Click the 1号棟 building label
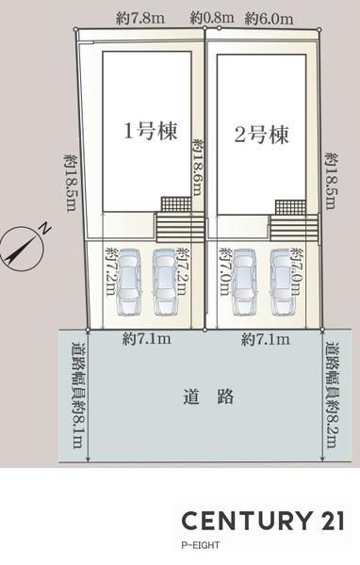pyautogui.click(x=151, y=131)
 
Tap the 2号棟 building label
pyautogui.click(x=262, y=135)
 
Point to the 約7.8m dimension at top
pyautogui.click(x=140, y=19)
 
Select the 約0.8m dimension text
pyautogui.click(x=212, y=17)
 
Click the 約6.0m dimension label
pyautogui.click(x=269, y=19)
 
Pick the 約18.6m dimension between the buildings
pyautogui.click(x=197, y=168)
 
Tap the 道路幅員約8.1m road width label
pyautogui.click(x=78, y=395)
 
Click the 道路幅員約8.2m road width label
pyautogui.click(x=332, y=395)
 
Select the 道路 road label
pyautogui.click(x=208, y=396)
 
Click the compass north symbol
pyautogui.click(x=23, y=247)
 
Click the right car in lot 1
pyautogui.click(x=166, y=282)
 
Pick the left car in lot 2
pyautogui.click(x=245, y=282)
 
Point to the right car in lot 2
pyautogui.click(x=283, y=282)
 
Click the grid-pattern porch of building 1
pyautogui.click(x=176, y=204)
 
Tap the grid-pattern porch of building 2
pyautogui.click(x=290, y=207)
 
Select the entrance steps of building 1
pyautogui.click(x=180, y=227)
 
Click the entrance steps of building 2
pyautogui.click(x=294, y=229)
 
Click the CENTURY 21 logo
pyautogui.click(x=263, y=521)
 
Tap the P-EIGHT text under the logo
pyautogui.click(x=200, y=545)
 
